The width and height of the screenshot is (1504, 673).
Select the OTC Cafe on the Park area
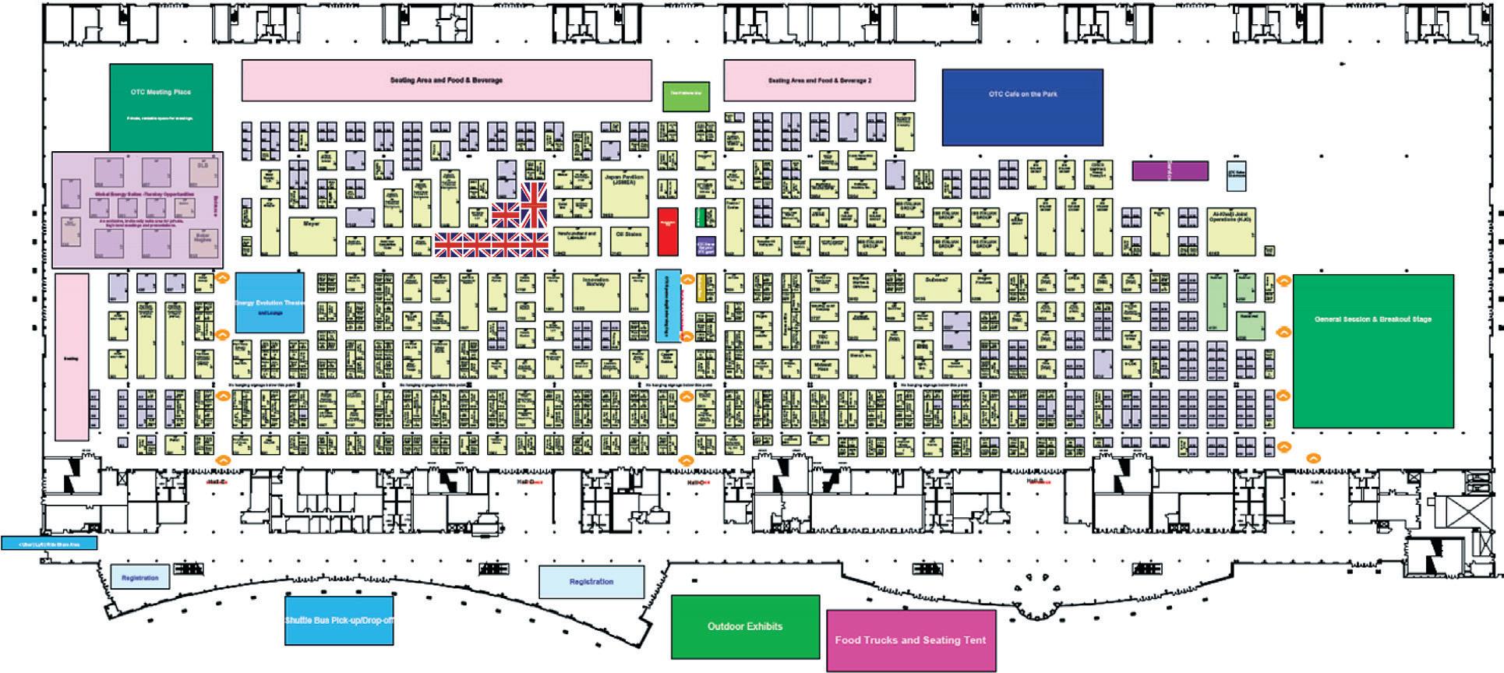pos(1022,107)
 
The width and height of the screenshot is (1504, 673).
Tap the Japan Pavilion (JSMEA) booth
pos(624,192)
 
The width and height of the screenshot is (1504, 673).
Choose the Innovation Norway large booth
pos(596,292)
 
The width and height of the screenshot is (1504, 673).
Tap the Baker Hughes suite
pos(203,244)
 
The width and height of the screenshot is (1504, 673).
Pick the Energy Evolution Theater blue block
pos(269,303)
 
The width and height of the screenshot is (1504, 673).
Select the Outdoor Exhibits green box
pos(745,626)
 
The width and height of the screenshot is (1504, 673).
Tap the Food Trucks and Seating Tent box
pos(910,640)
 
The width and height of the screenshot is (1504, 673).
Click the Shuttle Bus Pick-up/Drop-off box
pos(339,620)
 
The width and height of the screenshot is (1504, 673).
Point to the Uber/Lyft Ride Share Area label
pos(49,543)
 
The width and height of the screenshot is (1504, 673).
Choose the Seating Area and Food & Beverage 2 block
pos(819,80)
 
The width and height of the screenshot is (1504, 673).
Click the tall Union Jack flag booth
pos(535,205)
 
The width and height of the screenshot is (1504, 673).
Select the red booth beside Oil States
pos(668,231)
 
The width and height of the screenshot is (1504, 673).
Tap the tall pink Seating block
pos(72,356)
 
